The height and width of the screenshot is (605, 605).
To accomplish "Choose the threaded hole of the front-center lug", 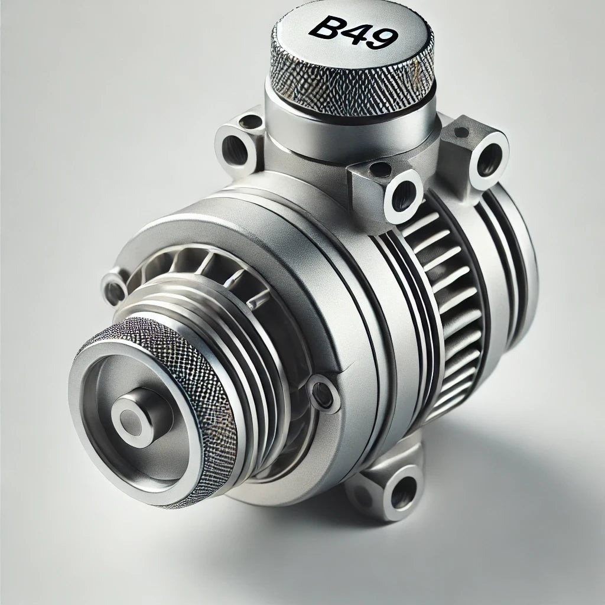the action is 403,196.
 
